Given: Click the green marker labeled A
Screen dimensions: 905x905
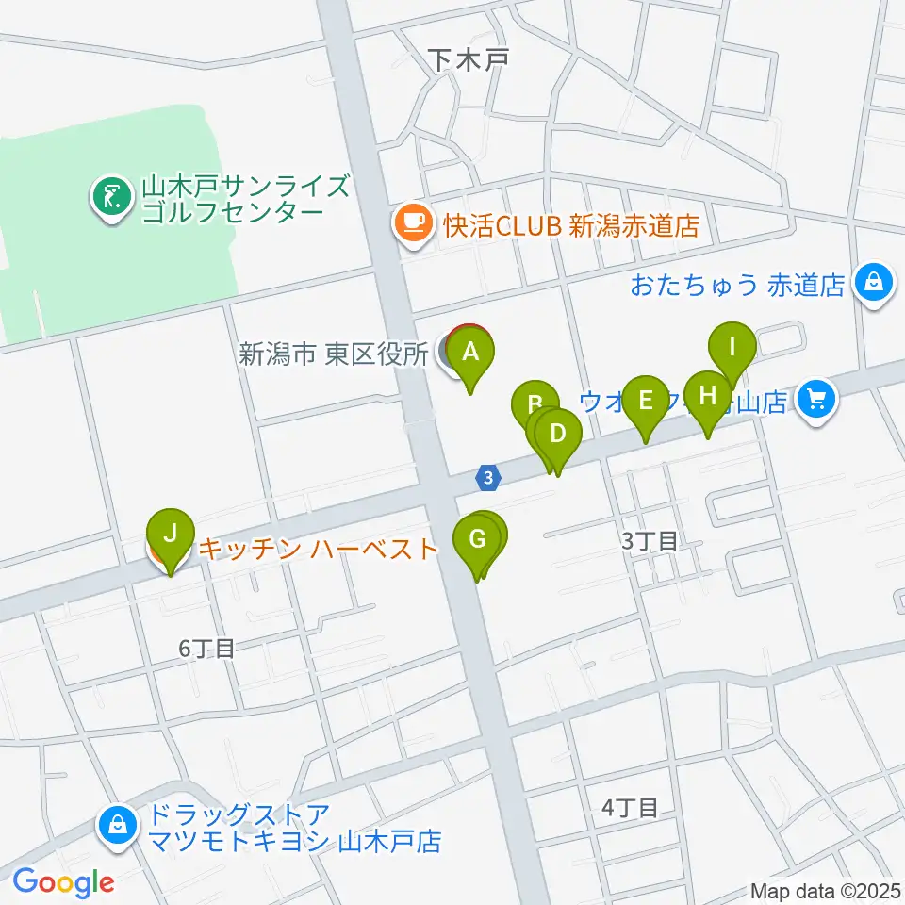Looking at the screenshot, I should [471, 354].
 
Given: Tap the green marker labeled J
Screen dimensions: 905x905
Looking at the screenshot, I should [171, 535].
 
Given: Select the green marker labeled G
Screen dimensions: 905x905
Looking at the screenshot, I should [476, 541].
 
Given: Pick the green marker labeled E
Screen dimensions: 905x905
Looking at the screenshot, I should [646, 402].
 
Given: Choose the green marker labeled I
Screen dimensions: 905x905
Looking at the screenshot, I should [732, 347].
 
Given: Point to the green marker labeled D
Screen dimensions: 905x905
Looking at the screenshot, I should [558, 436].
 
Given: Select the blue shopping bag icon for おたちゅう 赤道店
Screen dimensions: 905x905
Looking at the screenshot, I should [875, 282].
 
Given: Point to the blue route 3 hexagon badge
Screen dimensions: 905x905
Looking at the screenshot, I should [486, 478].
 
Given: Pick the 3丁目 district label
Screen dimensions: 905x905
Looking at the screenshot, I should [649, 541].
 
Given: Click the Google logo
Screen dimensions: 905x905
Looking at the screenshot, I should [63, 882].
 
